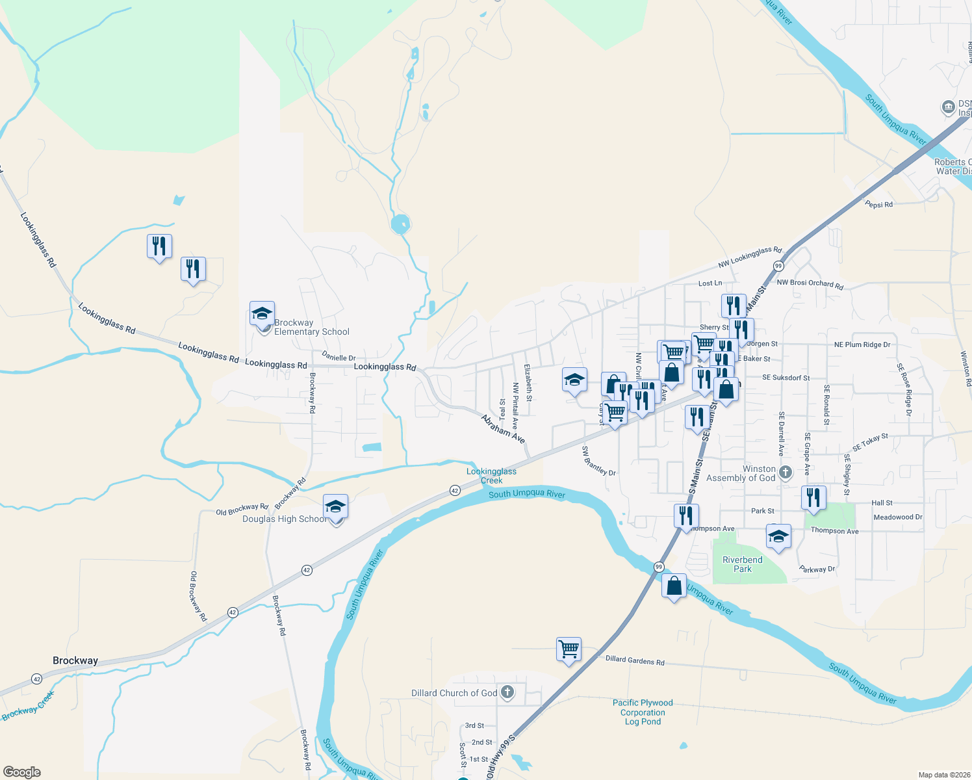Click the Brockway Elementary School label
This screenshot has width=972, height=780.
pyautogui.click(x=311, y=327)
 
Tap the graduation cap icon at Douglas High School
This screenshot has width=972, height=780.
pyautogui.click(x=335, y=506)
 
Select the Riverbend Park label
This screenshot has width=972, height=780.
pyautogui.click(x=742, y=564)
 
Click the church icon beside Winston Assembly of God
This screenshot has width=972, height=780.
pyautogui.click(x=785, y=473)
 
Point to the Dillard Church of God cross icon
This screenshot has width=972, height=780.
pyautogui.click(x=507, y=693)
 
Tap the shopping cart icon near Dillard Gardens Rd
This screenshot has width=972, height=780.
pyautogui.click(x=569, y=649)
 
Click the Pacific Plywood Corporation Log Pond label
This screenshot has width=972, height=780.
pyautogui.click(x=642, y=712)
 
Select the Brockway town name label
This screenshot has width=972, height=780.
pyautogui.click(x=75, y=660)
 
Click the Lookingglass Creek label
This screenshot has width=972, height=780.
pyautogui.click(x=491, y=476)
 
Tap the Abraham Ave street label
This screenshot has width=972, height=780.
pyautogui.click(x=503, y=429)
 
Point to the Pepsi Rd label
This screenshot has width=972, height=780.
pyautogui.click(x=878, y=205)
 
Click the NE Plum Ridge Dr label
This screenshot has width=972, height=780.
pyautogui.click(x=862, y=344)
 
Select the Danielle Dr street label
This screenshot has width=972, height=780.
pyautogui.click(x=339, y=356)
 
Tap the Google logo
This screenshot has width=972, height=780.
pyautogui.click(x=22, y=772)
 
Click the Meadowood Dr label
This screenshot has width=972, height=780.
pyautogui.click(x=897, y=517)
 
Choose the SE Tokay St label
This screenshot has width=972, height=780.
pyautogui.click(x=870, y=443)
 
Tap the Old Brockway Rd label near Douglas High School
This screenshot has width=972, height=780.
pyautogui.click(x=242, y=509)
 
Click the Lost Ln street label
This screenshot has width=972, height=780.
pyautogui.click(x=710, y=283)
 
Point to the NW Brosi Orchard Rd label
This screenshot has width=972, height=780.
pyautogui.click(x=810, y=283)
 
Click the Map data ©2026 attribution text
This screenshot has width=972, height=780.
pyautogui.click(x=941, y=775)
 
